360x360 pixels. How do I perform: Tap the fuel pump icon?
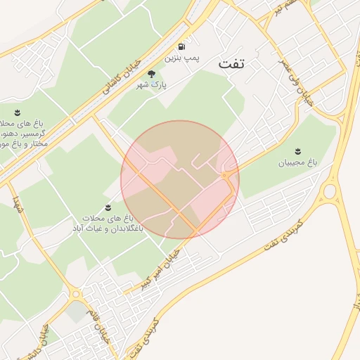[183, 46]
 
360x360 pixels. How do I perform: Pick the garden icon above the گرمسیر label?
[18, 112]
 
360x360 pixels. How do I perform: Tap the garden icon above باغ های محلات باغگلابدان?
[108, 207]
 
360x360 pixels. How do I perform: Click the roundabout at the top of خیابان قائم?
[75, 294]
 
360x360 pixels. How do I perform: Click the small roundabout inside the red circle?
[227, 174]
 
